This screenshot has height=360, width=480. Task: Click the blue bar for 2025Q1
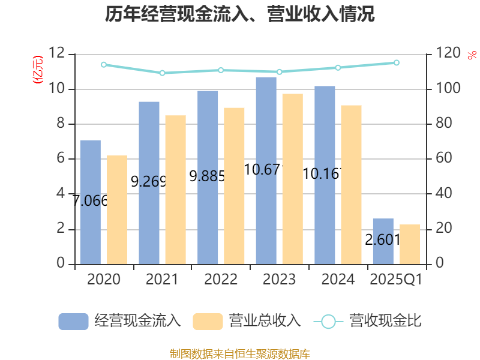(383, 241)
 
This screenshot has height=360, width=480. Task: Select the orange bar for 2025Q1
(410, 244)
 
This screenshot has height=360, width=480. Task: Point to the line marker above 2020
(104, 64)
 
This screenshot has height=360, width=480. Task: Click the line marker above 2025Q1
(397, 62)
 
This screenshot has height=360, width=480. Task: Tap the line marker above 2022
(221, 70)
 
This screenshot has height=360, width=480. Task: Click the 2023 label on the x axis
(279, 280)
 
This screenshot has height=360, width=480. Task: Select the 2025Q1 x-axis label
(397, 280)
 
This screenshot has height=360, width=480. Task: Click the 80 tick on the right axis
(443, 124)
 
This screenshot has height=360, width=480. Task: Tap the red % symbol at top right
(472, 55)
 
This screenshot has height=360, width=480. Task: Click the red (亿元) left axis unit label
(38, 70)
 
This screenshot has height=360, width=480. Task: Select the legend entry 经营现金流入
(120, 321)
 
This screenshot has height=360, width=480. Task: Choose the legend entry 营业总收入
(247, 321)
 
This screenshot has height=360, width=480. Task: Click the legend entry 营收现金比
(368, 321)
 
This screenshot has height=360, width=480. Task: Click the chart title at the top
(240, 14)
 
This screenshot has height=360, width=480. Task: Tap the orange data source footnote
(240, 353)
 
